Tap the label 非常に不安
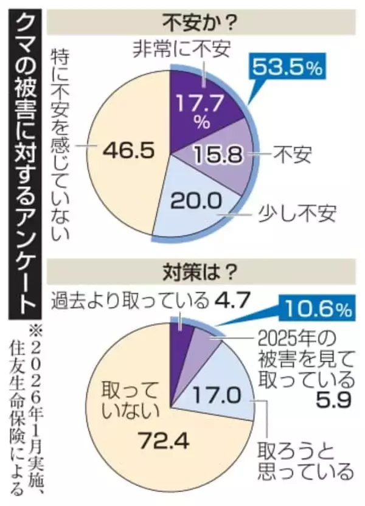(182, 50)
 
